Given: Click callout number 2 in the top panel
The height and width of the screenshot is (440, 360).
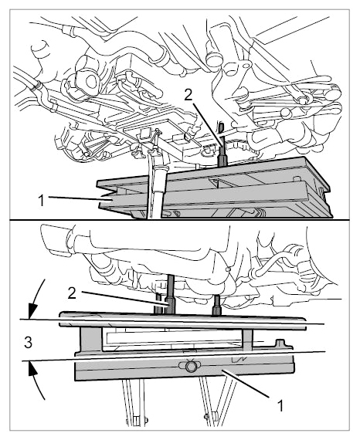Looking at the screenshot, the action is point(188,95).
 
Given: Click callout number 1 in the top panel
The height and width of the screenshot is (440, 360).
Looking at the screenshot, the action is point(41,201).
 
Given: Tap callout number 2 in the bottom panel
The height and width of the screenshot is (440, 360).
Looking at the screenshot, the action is point(72,293).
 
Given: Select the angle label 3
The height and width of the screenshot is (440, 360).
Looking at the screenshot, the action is point(28,343).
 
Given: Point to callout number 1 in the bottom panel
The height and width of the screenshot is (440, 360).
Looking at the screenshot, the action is point(280,405).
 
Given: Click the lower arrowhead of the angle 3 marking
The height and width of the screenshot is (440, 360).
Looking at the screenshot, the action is point(33,368).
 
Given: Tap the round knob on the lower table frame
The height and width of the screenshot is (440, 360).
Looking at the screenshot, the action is point(190,366).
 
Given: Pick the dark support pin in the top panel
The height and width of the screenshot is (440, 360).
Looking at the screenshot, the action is point(222,153).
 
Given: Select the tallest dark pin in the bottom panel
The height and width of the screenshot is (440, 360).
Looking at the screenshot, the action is point(171,294).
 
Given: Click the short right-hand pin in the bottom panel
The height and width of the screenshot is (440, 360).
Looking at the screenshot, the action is point(217,305).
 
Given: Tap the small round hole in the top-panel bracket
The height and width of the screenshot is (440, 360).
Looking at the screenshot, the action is point(247,66).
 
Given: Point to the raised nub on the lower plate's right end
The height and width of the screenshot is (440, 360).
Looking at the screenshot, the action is point(280,344).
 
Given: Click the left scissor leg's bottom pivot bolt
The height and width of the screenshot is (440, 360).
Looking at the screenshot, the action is point(137,419).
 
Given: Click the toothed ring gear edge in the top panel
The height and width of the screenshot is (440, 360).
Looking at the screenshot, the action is point(239,144).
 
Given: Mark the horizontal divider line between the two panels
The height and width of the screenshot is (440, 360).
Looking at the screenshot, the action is point(180,219).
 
